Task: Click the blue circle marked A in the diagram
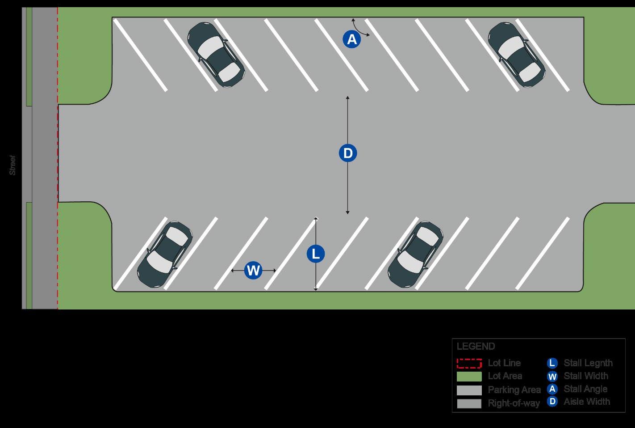click(x=352, y=40)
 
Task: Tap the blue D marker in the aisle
click(x=347, y=153)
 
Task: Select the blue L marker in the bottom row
click(x=316, y=254)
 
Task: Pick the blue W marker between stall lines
click(x=253, y=271)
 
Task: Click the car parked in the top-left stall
click(x=216, y=55)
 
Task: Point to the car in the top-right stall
click(x=516, y=55)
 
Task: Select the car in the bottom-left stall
click(x=165, y=254)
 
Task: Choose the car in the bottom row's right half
click(x=415, y=254)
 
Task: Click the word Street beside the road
click(x=13, y=165)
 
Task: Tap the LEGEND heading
click(x=476, y=347)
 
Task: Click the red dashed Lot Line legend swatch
click(x=469, y=363)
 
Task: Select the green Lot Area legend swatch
click(x=469, y=377)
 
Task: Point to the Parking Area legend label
click(x=514, y=390)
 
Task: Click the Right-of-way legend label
click(x=514, y=403)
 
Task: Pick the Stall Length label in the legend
click(x=588, y=363)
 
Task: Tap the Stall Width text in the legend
click(x=585, y=376)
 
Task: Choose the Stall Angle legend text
click(x=585, y=389)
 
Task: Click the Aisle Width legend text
click(x=586, y=402)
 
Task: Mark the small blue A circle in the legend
click(x=552, y=389)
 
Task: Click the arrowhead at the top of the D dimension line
click(x=347, y=97)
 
